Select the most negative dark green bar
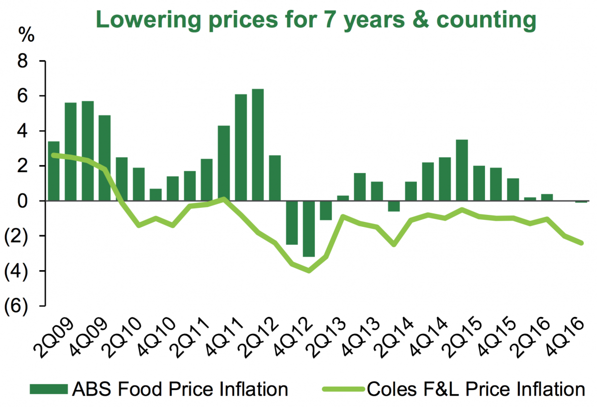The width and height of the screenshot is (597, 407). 309,228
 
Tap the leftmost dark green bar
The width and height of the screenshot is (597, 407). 54,171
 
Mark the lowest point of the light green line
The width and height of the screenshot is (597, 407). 309,271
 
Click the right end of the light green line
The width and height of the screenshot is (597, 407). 581,243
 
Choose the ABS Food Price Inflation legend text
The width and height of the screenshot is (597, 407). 180,389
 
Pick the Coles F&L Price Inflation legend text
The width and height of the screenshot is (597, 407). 476,389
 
